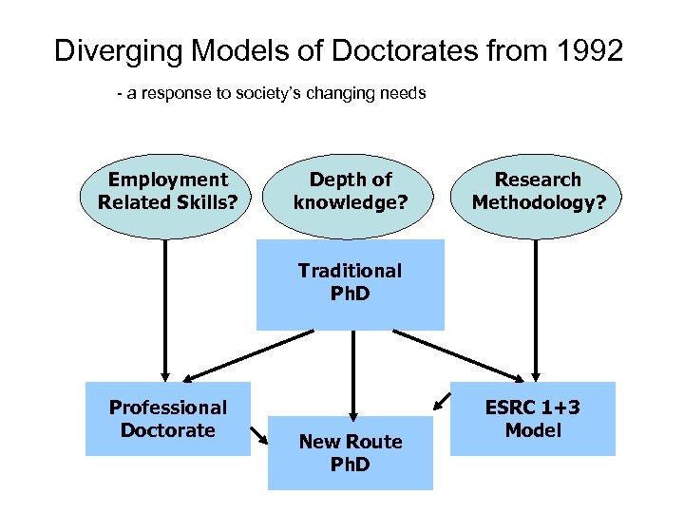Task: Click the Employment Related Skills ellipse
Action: (167, 191)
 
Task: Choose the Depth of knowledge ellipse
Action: (351, 191)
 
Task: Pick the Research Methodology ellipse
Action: (539, 191)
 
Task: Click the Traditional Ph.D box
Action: (350, 283)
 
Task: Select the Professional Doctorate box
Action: (168, 419)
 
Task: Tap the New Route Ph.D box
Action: (350, 453)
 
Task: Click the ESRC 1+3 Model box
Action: (532, 419)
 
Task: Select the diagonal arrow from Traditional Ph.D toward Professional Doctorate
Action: (249, 353)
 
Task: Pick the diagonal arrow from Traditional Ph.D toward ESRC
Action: (453, 353)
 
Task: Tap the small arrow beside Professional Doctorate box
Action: (258, 436)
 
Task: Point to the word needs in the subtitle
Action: (405, 94)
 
